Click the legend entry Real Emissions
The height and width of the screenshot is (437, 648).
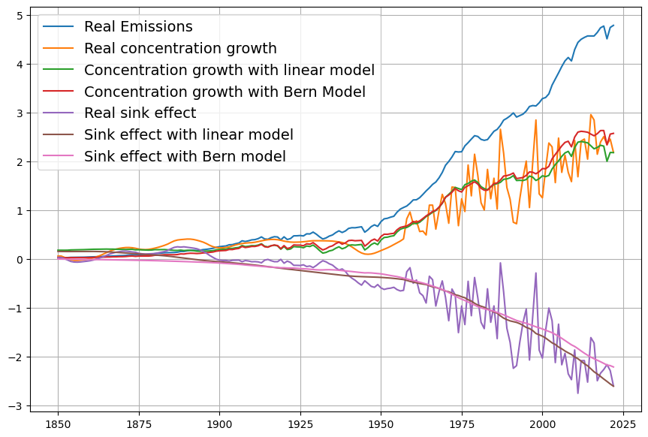pos(138,27)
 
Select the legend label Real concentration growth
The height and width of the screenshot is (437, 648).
pos(180,49)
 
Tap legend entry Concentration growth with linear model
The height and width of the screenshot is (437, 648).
pos(229,71)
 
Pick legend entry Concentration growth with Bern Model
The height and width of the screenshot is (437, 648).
pos(225,92)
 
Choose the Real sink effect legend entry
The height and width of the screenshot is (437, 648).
pos(140,113)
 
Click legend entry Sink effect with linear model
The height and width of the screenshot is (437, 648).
pos(188,135)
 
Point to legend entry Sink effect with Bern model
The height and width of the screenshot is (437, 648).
pos(185,157)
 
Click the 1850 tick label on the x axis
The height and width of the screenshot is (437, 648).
pos(58,423)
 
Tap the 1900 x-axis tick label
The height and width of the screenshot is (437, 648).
pos(219,423)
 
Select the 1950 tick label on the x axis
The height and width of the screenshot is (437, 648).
pos(381,423)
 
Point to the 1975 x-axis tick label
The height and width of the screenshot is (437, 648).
pos(461,423)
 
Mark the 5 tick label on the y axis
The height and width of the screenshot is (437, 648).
pos(18,16)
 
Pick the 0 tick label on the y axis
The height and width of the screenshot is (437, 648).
pos(18,260)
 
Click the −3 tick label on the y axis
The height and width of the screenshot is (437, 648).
pos(15,406)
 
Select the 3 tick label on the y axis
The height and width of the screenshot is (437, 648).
pos(18,113)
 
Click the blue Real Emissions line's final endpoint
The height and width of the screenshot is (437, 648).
pos(613,26)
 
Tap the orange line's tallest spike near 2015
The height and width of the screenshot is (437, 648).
pos(591,115)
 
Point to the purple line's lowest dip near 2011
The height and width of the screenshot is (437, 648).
pos(577,393)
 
